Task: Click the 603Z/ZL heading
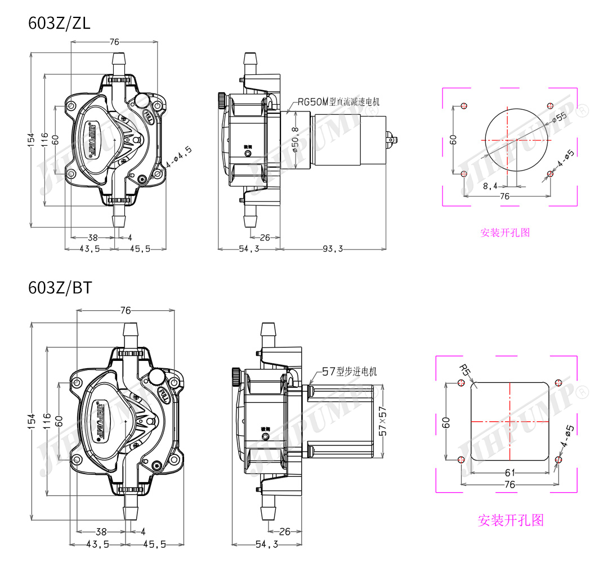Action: click(59, 24)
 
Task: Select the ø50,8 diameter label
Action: click(295, 139)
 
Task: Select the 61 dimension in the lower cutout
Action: click(509, 472)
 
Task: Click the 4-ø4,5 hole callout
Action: click(172, 157)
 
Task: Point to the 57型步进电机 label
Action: click(349, 372)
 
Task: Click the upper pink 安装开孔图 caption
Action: click(505, 232)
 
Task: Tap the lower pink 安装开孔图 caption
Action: click(511, 520)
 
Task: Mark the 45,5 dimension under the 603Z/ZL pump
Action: click(140, 249)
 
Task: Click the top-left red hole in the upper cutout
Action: click(464, 106)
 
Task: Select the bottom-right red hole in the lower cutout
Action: click(558, 459)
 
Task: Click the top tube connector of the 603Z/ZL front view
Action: click(119, 61)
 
